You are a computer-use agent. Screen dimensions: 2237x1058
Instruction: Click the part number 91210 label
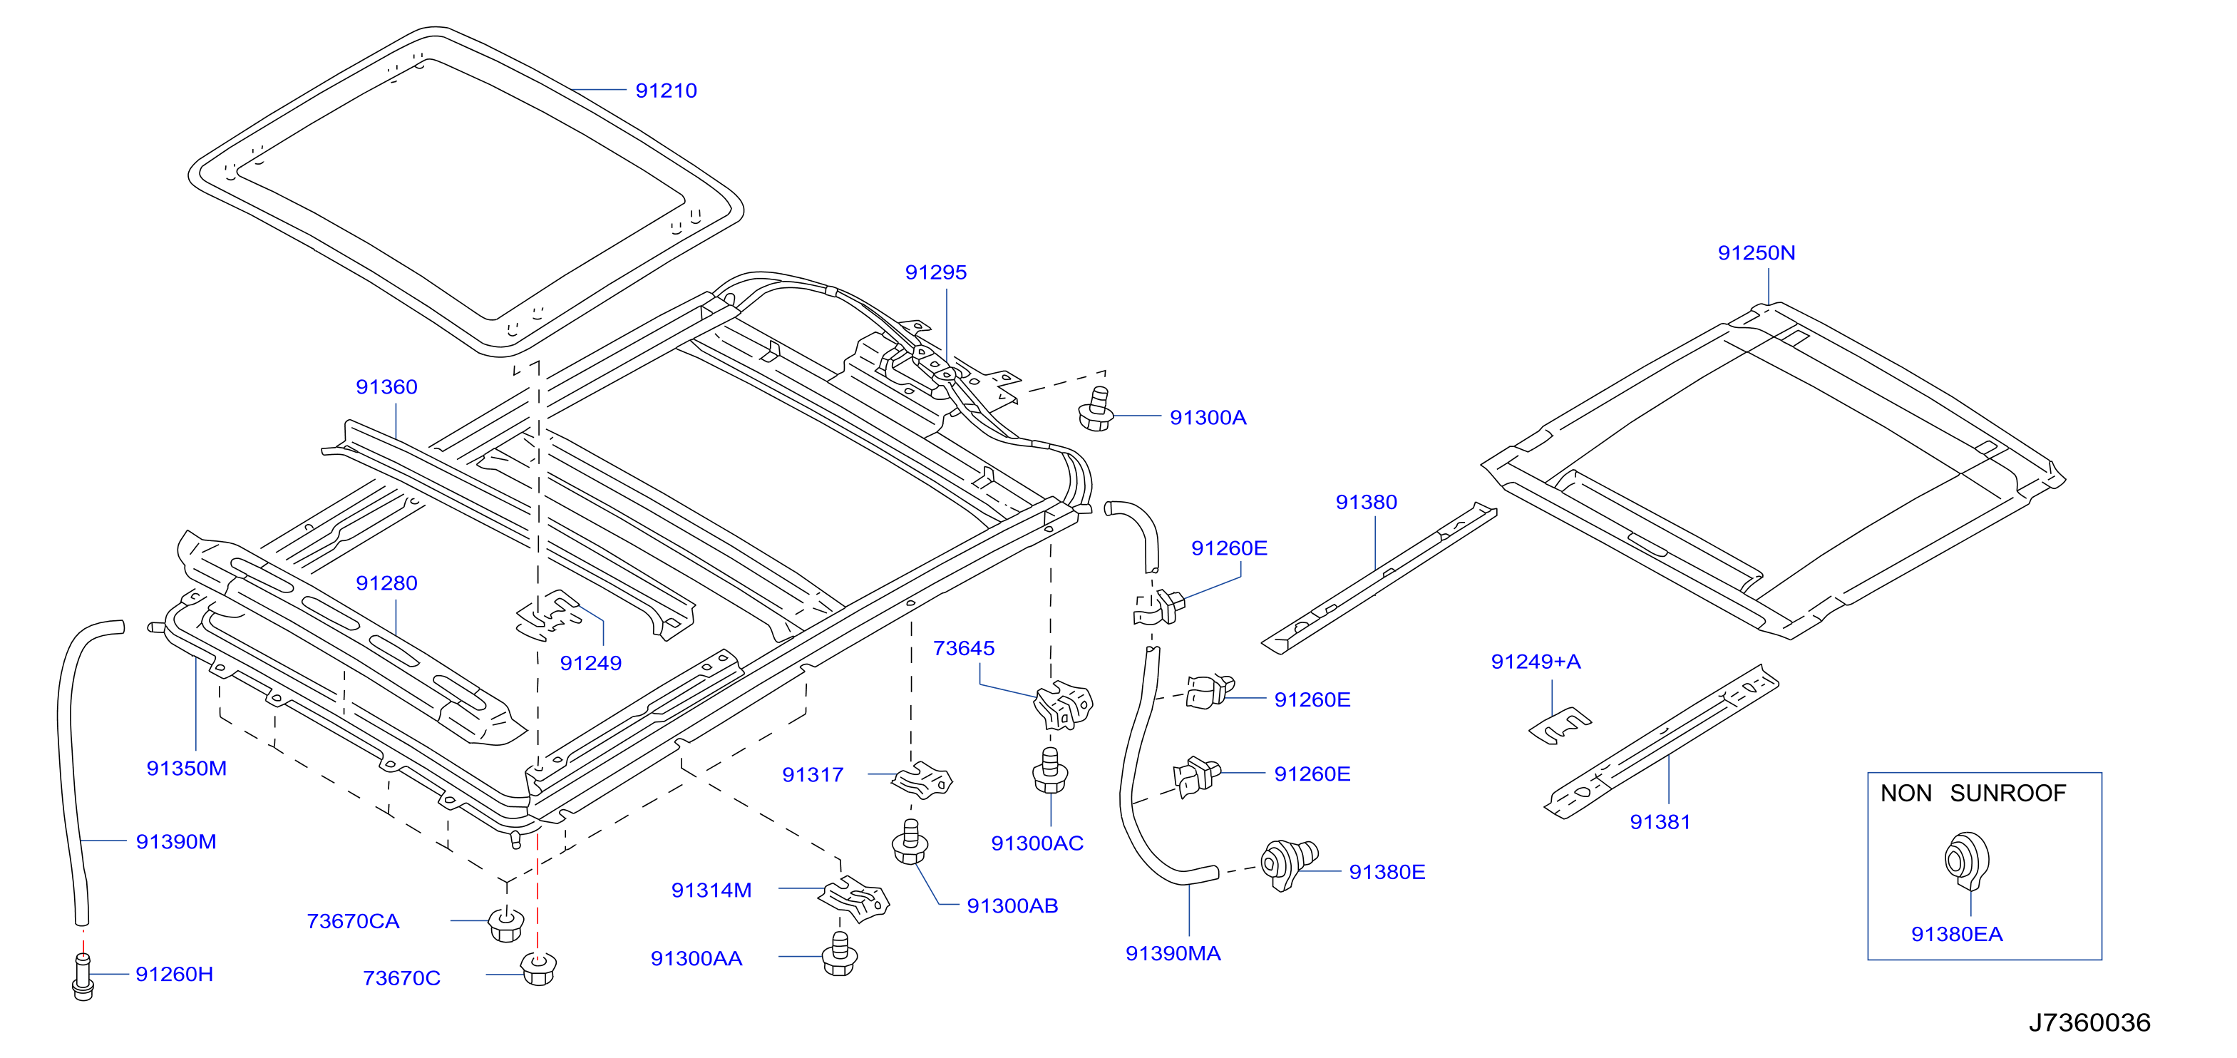666,91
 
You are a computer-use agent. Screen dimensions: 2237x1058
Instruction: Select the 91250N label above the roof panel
1756,253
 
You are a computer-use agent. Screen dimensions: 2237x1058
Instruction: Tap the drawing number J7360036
2089,1022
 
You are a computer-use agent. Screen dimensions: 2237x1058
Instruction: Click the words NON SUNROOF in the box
1973,793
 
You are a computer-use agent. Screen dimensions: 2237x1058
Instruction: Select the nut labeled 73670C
538,967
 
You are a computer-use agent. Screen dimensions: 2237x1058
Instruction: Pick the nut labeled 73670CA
506,923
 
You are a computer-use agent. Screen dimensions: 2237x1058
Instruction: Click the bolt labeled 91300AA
840,954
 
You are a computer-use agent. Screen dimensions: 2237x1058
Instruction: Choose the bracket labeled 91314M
855,898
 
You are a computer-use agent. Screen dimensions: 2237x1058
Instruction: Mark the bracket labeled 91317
922,780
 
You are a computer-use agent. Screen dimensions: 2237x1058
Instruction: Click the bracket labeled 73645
1063,704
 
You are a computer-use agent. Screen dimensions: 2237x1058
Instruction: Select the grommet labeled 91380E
1289,863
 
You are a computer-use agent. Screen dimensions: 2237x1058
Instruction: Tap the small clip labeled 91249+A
1560,726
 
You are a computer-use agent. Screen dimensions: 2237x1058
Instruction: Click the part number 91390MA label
1173,954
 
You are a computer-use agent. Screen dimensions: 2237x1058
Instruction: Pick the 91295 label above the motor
935,273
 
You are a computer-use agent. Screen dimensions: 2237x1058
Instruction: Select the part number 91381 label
1660,822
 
